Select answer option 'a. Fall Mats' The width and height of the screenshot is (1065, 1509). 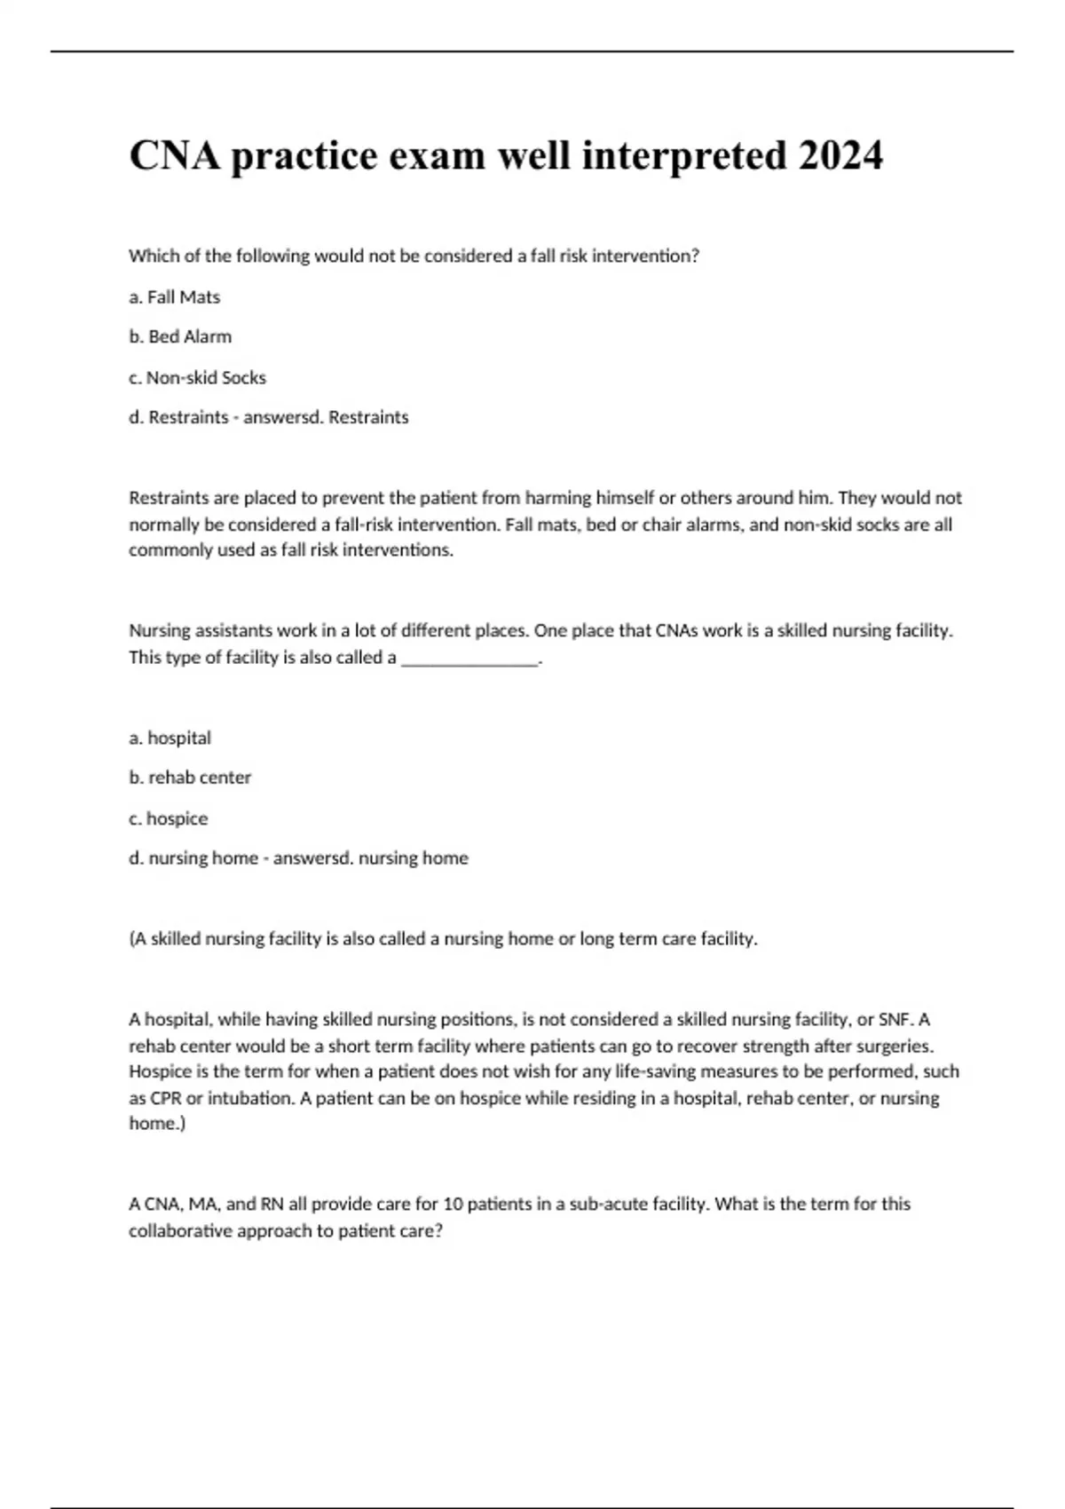(174, 297)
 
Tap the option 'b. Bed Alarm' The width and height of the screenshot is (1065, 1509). (180, 337)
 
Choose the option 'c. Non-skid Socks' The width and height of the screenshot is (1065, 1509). (197, 378)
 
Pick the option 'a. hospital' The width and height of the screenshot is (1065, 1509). (170, 739)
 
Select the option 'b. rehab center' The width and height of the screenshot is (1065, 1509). (190, 778)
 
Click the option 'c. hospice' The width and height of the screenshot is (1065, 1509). (168, 818)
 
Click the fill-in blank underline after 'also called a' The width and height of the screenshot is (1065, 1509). (470, 660)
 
